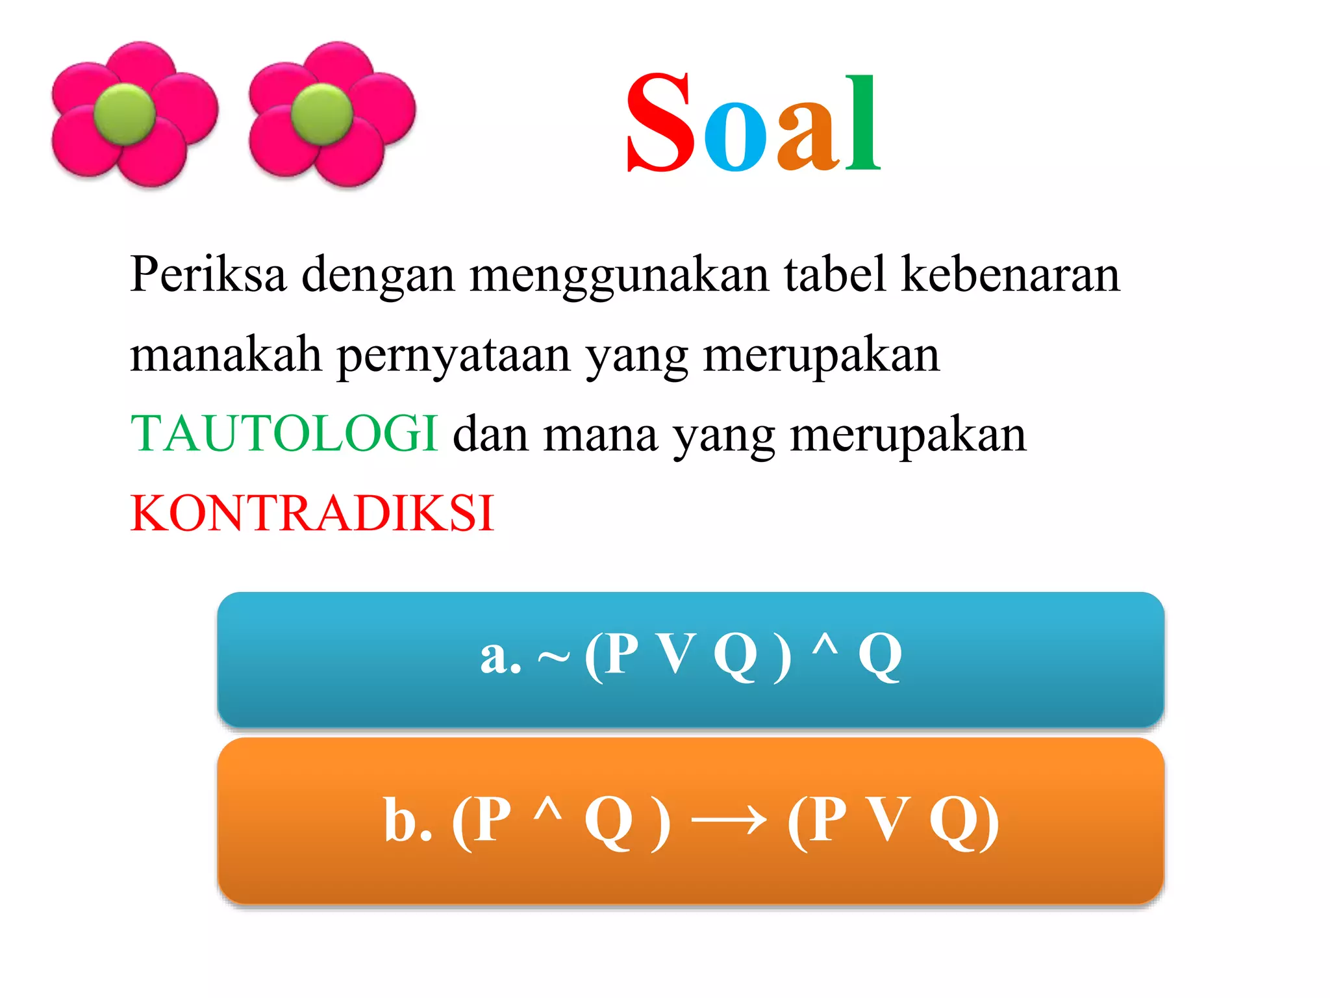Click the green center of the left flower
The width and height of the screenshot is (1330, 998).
click(x=125, y=114)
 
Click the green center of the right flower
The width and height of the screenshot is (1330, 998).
click(x=322, y=114)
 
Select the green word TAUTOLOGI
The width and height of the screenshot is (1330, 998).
click(x=284, y=433)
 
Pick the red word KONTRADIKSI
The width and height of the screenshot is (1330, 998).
click(x=312, y=513)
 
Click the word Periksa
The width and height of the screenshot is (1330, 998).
click(x=208, y=274)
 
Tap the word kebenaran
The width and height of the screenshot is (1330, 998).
click(x=1010, y=274)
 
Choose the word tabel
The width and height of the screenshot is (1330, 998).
click(x=835, y=274)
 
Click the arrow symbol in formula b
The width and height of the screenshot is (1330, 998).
click(x=729, y=820)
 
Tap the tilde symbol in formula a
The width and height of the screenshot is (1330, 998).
click(x=553, y=658)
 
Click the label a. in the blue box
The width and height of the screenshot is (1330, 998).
click(x=501, y=656)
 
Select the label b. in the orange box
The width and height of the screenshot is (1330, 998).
click(x=408, y=820)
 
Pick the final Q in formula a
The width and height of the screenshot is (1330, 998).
click(x=880, y=656)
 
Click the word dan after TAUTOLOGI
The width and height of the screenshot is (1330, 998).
click(x=490, y=433)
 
